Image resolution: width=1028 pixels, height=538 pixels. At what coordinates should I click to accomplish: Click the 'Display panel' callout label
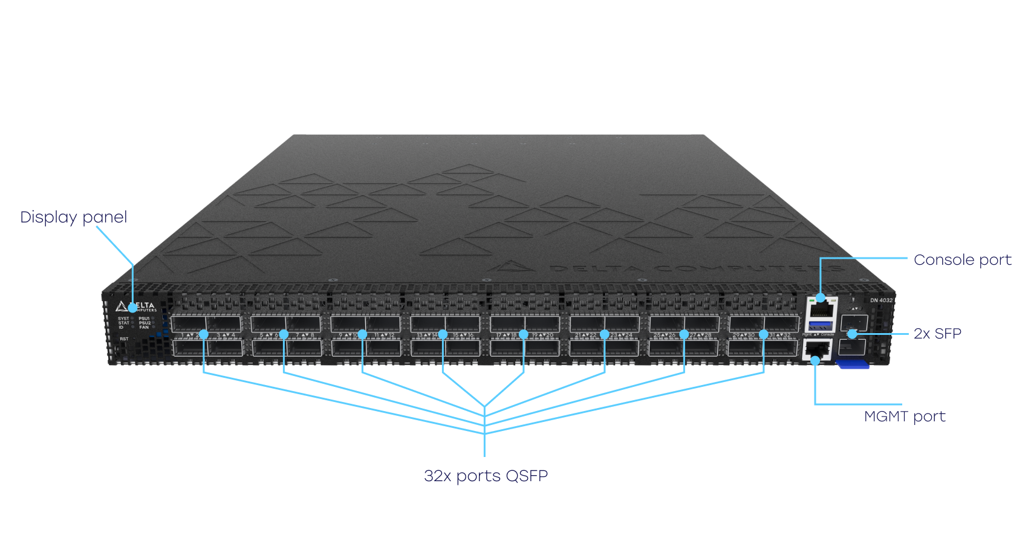click(73, 218)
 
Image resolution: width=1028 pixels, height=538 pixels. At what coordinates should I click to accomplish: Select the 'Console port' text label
click(962, 260)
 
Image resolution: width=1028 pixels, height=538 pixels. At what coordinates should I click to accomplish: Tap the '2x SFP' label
click(937, 334)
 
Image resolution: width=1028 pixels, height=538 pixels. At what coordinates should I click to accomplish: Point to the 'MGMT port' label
click(905, 416)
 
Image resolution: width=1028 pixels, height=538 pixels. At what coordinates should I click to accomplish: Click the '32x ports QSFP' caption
click(486, 476)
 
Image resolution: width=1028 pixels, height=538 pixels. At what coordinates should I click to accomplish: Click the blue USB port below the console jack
click(821, 326)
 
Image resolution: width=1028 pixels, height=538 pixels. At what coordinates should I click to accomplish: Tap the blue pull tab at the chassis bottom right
click(853, 364)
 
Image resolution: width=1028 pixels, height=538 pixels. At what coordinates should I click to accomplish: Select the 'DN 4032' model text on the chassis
click(881, 300)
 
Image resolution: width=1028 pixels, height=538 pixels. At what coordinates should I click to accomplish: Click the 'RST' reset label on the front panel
click(124, 339)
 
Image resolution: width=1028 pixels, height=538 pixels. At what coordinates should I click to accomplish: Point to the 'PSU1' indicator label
click(144, 319)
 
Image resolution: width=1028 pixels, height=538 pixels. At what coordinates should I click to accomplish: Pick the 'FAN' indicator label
click(144, 328)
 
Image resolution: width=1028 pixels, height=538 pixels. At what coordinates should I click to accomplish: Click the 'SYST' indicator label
click(123, 319)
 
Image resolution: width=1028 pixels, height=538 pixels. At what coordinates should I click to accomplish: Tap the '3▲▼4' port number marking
click(226, 335)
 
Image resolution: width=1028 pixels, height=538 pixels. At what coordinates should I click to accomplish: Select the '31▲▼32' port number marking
click(780, 335)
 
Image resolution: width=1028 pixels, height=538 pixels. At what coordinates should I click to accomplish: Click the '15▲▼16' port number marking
click(464, 335)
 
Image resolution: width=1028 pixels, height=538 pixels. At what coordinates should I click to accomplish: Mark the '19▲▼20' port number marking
click(543, 335)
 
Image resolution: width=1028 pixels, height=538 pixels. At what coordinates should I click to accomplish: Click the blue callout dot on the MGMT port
click(815, 361)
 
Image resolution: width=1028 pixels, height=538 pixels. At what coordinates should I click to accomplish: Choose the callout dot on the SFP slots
click(852, 334)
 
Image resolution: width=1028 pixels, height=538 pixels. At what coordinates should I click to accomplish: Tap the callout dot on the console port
click(821, 297)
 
